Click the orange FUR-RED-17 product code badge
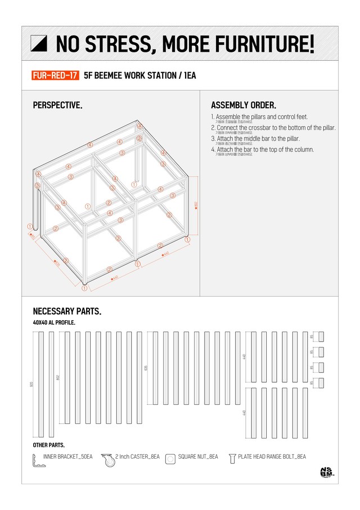(56, 75)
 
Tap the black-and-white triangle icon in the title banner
(40, 43)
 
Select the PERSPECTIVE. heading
(57, 105)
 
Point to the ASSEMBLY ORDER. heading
(243, 105)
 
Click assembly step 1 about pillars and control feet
(259, 117)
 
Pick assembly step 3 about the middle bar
(255, 138)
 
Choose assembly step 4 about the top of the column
(262, 149)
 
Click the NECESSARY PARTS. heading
(67, 311)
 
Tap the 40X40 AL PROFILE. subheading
(54, 323)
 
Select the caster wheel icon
(107, 459)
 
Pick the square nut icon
(170, 459)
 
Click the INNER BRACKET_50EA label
(67, 457)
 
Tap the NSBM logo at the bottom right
(326, 473)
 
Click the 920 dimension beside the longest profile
(31, 385)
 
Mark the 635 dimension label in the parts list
(146, 368)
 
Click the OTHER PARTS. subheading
(49, 445)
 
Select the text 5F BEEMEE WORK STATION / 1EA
(139, 75)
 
